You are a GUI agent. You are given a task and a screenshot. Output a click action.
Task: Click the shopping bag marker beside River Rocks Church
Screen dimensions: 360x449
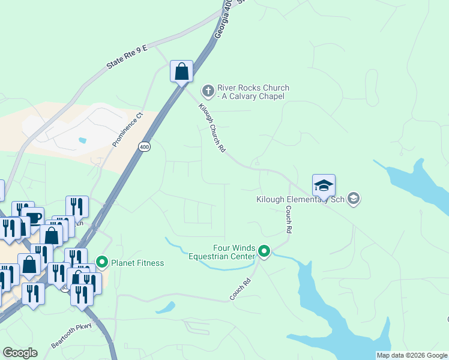(181, 72)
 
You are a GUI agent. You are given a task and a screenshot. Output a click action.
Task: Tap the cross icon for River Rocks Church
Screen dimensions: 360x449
(208, 91)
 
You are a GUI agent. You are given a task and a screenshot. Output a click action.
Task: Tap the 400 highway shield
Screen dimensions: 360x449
(143, 146)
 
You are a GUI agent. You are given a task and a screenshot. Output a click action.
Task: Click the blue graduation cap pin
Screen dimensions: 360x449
(324, 185)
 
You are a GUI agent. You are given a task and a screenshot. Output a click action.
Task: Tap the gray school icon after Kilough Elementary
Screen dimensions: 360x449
(354, 199)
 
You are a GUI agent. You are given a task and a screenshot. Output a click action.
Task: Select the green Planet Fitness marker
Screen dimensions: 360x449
(101, 262)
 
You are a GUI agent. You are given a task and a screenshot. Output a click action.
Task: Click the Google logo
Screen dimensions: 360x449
(20, 353)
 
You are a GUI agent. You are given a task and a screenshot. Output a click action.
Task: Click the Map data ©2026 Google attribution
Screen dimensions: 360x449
(412, 355)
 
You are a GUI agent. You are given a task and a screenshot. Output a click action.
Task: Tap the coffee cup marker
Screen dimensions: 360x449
(32, 217)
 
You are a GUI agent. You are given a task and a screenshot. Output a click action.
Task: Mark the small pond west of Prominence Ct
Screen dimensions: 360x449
(82, 140)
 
